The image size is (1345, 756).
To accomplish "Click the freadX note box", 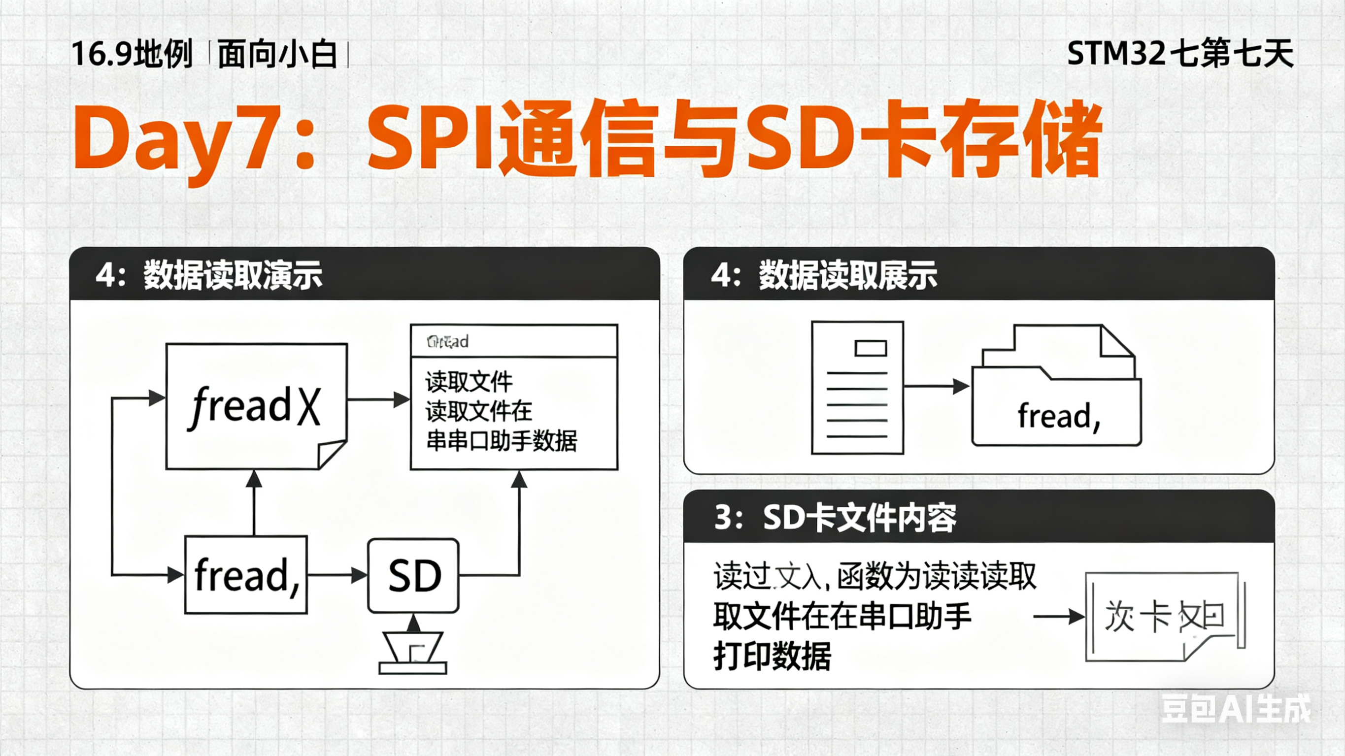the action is click(256, 406).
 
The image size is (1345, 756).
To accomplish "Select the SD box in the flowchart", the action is click(413, 575).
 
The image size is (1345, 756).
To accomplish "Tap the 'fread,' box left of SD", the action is click(246, 575).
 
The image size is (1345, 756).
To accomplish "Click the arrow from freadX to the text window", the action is click(378, 400).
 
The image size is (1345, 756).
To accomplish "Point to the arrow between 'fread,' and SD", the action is click(337, 575).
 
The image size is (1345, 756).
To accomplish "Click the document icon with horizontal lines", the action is click(857, 388).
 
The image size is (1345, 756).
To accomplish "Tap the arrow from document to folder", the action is click(936, 386).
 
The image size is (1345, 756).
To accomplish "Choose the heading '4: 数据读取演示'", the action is click(209, 275).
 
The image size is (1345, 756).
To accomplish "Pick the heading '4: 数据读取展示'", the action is click(824, 275).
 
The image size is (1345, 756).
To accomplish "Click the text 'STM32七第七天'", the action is click(1180, 53).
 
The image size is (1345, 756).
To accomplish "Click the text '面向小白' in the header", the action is click(277, 54).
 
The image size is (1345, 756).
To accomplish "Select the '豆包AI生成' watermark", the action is click(1235, 709).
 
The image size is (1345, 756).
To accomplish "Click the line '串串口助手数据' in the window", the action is click(501, 441).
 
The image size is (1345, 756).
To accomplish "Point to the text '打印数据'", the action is click(772, 657).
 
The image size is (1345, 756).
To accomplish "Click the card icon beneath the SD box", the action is click(413, 653).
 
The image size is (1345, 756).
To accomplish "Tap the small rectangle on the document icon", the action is click(871, 348).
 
